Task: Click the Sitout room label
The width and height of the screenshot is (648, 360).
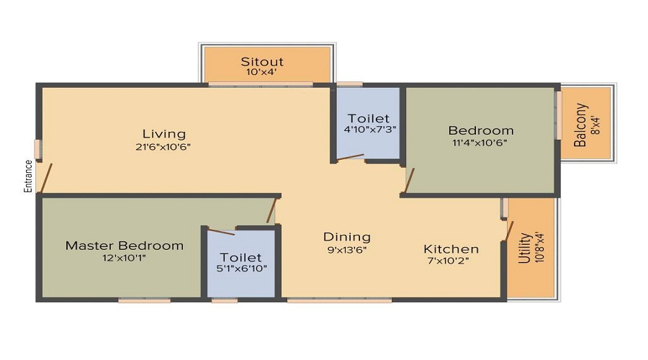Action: pos(262,62)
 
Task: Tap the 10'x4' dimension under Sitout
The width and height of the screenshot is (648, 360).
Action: pos(261,72)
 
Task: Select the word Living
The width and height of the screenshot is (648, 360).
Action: pos(164,135)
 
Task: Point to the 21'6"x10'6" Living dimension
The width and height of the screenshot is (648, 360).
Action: pos(163,147)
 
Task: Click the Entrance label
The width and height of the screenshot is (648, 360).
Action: pos(28,176)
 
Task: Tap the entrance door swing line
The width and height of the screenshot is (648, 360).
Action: pos(45,178)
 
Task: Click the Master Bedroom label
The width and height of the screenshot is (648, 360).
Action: pos(125,246)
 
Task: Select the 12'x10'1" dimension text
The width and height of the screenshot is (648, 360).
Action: pos(124,258)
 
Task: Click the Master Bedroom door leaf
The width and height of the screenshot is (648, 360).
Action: pos(271,210)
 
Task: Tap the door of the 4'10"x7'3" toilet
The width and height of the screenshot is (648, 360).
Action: pos(350,157)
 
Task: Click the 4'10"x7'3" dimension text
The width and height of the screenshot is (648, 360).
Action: pos(370,129)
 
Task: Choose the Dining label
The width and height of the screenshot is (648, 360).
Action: pos(347,237)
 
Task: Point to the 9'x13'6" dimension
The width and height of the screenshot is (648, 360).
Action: pos(347,250)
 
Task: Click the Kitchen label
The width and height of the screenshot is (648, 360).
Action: pos(451,249)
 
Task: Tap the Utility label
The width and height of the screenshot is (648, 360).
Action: pos(525,248)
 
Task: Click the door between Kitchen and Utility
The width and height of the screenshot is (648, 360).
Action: pos(510,230)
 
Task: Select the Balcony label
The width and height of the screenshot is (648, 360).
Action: pos(580,125)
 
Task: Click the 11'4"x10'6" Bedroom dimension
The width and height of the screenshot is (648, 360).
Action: pos(480,143)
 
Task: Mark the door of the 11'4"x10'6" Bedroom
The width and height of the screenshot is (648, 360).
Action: pos(409,180)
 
